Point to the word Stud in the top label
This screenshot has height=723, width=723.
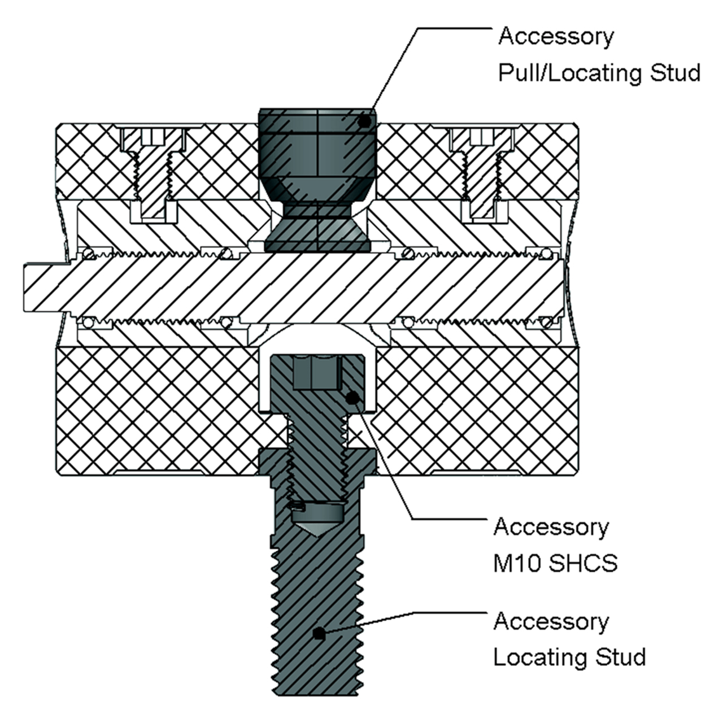676,73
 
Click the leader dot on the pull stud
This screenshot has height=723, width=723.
364,121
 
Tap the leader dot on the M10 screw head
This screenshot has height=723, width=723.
351,398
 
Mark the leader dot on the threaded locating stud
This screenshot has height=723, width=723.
319,634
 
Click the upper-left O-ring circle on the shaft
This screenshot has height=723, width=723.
89,254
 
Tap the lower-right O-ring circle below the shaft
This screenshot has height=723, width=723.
546,322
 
